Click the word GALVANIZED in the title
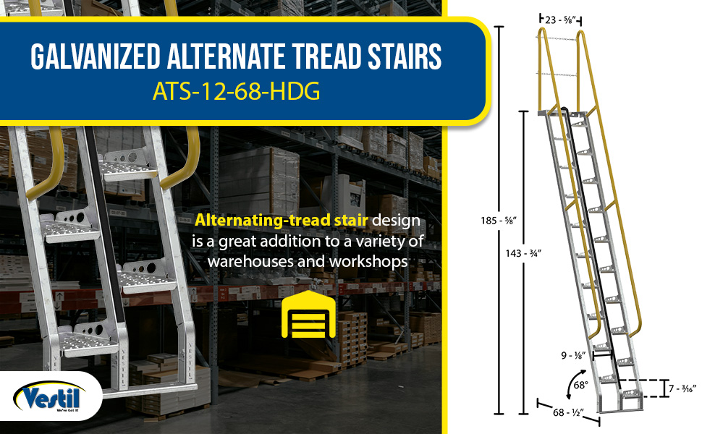pyautogui.click(x=96, y=56)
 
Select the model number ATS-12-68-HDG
pyautogui.click(x=237, y=91)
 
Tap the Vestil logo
pyautogui.click(x=50, y=396)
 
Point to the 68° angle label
pyautogui.click(x=580, y=385)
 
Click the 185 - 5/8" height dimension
pyautogui.click(x=499, y=220)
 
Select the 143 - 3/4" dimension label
pyautogui.click(x=523, y=253)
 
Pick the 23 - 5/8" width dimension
pyautogui.click(x=560, y=20)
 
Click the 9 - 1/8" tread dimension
pyautogui.click(x=573, y=355)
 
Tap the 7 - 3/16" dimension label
pyautogui.click(x=682, y=389)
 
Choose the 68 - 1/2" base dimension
pyautogui.click(x=568, y=412)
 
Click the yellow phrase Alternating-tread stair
pyautogui.click(x=282, y=220)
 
